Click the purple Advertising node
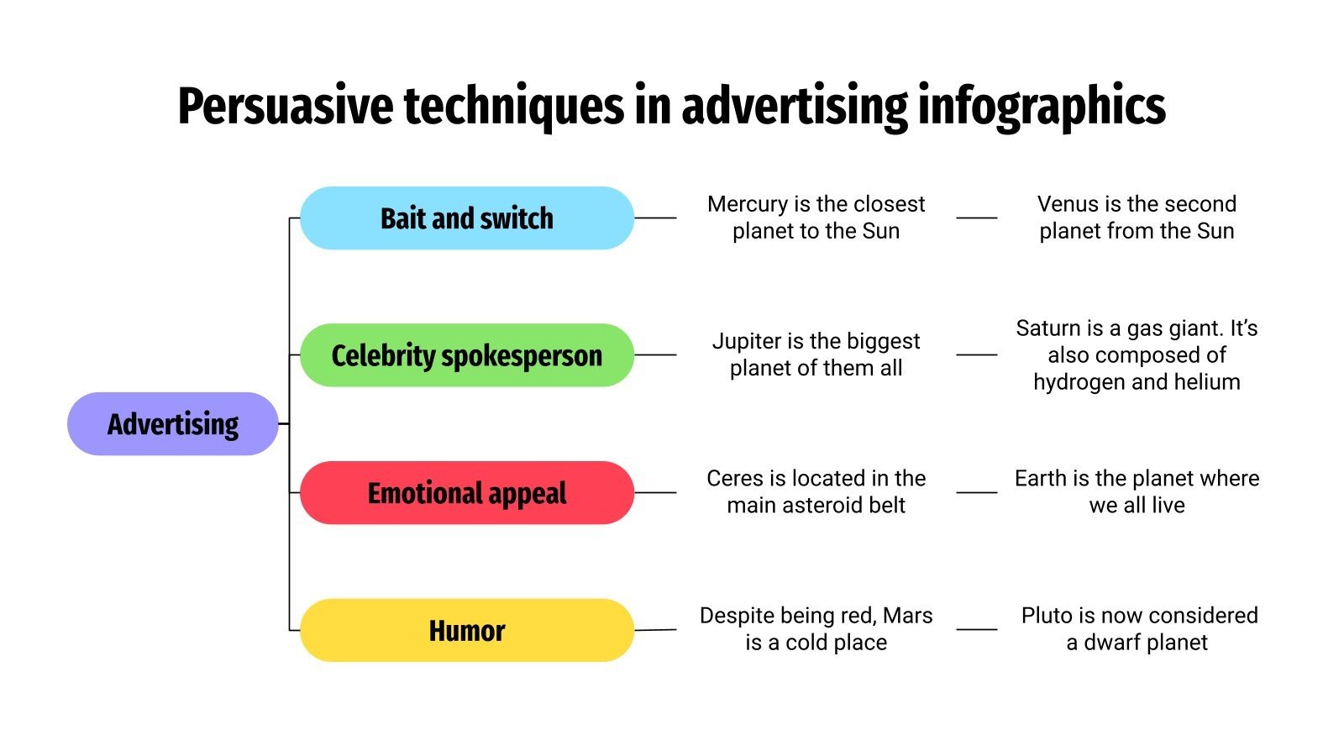click(172, 424)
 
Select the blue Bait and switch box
click(466, 218)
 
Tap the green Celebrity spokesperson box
click(466, 355)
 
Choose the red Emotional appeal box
click(466, 493)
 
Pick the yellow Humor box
click(466, 630)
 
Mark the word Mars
click(907, 616)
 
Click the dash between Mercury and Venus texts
click(977, 218)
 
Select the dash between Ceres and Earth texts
click(977, 492)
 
